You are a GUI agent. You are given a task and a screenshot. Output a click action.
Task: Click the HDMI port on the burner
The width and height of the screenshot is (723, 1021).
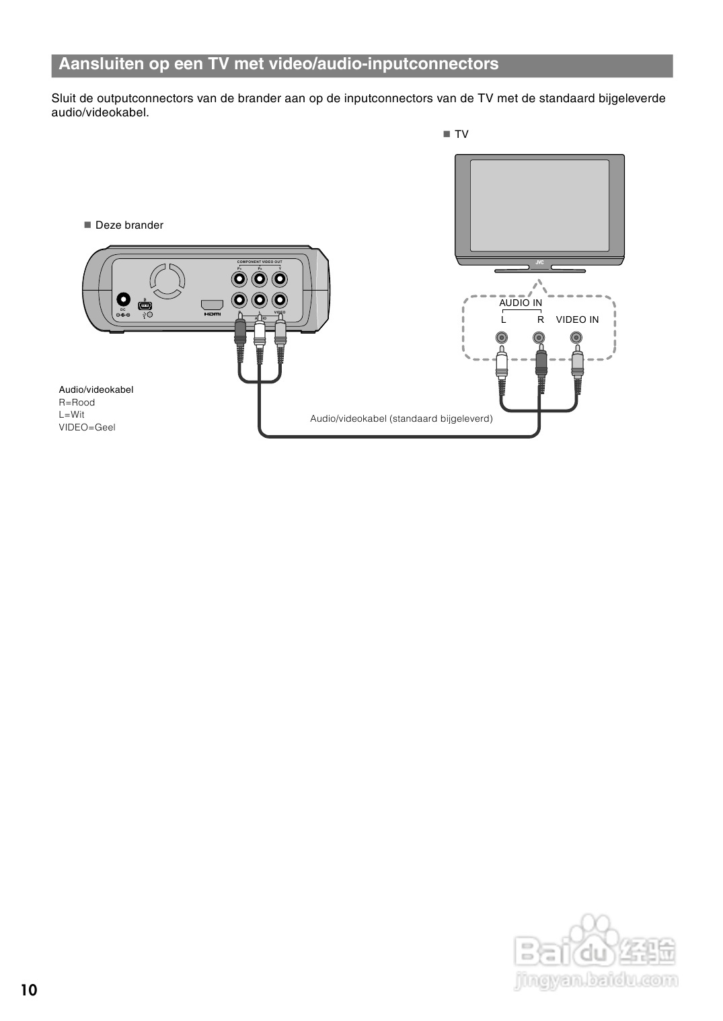tap(213, 304)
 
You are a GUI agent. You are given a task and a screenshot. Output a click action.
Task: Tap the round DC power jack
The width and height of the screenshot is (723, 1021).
tap(123, 299)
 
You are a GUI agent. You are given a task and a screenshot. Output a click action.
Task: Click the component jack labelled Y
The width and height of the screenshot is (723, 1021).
tap(280, 278)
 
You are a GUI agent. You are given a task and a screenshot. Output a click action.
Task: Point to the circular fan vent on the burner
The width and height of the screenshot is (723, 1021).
tap(167, 280)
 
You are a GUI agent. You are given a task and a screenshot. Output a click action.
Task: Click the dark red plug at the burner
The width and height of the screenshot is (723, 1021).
tap(240, 333)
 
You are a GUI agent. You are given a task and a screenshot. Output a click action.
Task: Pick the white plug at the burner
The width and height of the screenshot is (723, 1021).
tap(260, 333)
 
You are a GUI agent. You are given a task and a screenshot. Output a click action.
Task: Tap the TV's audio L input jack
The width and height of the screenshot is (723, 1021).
tap(501, 338)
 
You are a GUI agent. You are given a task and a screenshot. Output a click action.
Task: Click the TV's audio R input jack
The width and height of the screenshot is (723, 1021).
tap(539, 338)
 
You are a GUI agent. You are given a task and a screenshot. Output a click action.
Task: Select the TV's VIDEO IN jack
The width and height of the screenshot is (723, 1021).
tap(576, 338)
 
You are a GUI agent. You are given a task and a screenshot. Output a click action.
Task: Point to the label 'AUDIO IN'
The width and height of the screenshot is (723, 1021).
tap(521, 303)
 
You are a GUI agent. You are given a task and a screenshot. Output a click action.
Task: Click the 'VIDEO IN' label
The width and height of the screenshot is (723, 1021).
tap(577, 319)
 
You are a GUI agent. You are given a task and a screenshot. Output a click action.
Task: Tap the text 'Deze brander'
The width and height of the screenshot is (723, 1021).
tap(129, 225)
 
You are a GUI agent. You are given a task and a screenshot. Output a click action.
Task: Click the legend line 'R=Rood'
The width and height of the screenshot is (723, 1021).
tap(77, 402)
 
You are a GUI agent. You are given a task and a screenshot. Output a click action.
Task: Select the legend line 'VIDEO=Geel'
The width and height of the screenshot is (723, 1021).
tap(87, 427)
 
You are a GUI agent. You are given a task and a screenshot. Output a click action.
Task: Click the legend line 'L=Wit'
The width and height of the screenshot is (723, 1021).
tap(71, 414)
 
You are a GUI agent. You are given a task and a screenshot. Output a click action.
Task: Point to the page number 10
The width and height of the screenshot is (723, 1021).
tap(29, 990)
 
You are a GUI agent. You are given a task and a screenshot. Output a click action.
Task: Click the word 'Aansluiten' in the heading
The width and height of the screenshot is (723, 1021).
tap(101, 64)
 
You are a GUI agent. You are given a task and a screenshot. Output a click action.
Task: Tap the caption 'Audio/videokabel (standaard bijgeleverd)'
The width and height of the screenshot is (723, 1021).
tap(402, 418)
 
